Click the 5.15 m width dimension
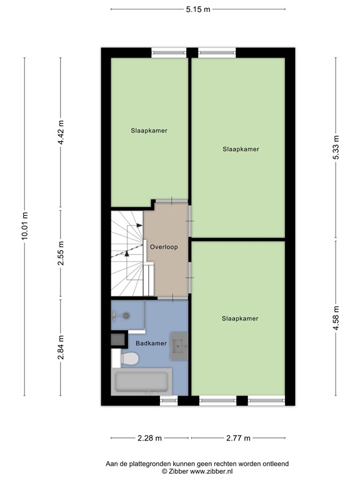click(197, 10)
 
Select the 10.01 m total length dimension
click(24, 226)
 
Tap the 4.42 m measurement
click(61, 132)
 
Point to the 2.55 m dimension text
click(61, 254)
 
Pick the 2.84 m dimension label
click(61, 347)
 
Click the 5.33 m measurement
click(336, 148)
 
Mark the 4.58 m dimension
click(336, 317)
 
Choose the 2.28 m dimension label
click(149, 438)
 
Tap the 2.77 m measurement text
click(237, 438)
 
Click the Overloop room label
click(164, 247)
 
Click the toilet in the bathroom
click(127, 359)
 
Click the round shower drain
click(125, 316)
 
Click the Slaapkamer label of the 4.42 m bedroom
click(149, 131)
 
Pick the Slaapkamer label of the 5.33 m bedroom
click(241, 149)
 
